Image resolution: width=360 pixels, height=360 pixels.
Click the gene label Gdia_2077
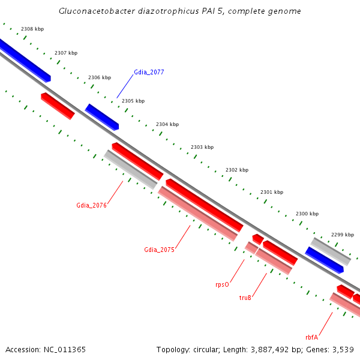149,72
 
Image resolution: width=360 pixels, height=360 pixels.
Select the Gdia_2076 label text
91,205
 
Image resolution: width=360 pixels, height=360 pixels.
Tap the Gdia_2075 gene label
159,250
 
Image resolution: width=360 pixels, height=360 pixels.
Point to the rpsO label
222,284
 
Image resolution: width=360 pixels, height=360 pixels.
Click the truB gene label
245,298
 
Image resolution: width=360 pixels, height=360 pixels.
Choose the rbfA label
311,337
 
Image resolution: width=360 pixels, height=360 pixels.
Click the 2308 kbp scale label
32,29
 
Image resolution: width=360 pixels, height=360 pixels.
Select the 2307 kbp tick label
66,53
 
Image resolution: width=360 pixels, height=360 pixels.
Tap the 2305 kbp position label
133,101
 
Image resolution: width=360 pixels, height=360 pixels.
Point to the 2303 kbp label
202,147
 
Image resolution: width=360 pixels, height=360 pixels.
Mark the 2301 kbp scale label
272,192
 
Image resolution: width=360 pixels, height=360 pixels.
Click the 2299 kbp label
343,235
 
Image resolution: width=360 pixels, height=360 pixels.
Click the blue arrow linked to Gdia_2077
102,117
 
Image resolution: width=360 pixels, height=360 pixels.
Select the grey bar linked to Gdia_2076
131,169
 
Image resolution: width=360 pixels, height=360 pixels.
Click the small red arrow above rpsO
258,239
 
